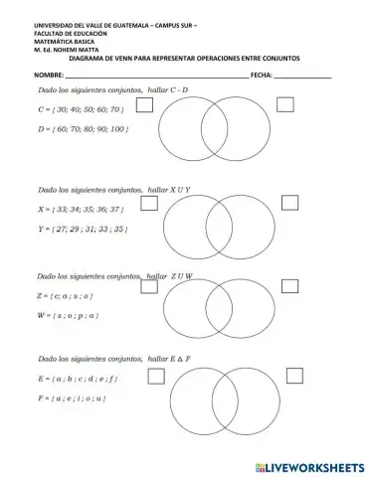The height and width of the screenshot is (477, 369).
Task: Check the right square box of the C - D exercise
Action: coord(286,103)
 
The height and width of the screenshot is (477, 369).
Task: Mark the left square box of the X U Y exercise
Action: coord(150,203)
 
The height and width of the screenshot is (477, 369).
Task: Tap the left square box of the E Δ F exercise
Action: coord(155,376)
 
